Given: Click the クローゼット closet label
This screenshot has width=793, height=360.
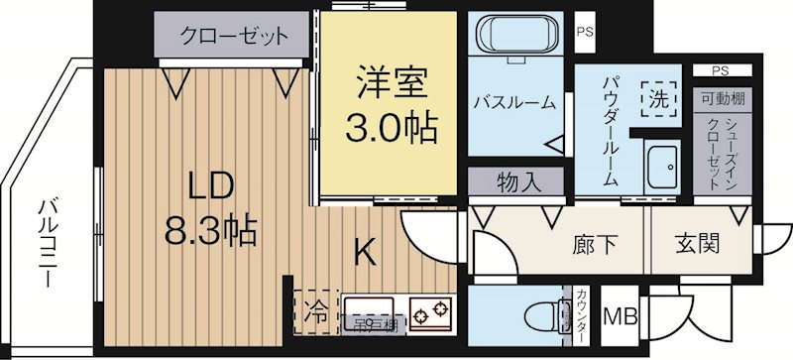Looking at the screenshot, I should pyautogui.click(x=234, y=38).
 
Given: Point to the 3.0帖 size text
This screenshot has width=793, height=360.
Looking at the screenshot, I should pyautogui.click(x=391, y=127).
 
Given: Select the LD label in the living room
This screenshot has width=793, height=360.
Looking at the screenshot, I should pyautogui.click(x=211, y=184).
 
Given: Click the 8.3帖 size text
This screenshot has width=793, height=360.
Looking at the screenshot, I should pyautogui.click(x=210, y=231).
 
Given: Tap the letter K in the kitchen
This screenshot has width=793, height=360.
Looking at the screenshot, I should pyautogui.click(x=366, y=255).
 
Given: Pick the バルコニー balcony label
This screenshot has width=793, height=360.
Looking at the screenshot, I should pyautogui.click(x=46, y=244).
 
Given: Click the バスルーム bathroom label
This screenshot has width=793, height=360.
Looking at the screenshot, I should pyautogui.click(x=513, y=103).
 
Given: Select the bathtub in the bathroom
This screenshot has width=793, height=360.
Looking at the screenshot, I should pyautogui.click(x=514, y=38).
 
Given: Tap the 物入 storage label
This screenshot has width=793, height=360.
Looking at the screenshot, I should pyautogui.click(x=517, y=183).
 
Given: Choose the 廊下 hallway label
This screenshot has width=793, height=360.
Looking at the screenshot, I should pyautogui.click(x=591, y=243).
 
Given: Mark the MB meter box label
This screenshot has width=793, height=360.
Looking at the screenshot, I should pyautogui.click(x=622, y=317).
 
